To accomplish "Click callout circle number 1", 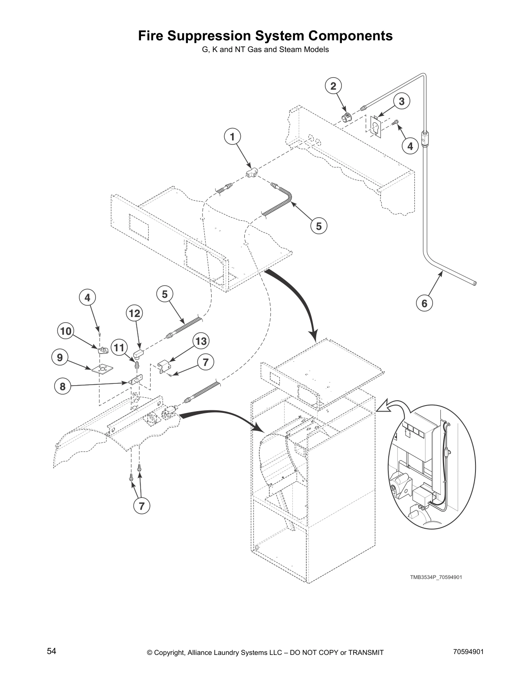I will (233, 137).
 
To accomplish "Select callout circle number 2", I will (333, 86).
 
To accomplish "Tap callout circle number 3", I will (402, 101).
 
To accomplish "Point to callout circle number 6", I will (424, 303).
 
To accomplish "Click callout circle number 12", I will (134, 313).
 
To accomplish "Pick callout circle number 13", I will (201, 341).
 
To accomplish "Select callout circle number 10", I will (66, 332).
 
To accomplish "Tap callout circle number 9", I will (60, 357).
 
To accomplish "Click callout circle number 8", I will (63, 386).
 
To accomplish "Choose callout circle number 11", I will (120, 347).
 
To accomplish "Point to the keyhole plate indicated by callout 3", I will (375, 127).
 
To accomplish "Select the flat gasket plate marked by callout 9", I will (102, 369).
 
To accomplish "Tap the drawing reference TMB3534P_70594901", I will (433, 577).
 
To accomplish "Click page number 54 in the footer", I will (52, 651).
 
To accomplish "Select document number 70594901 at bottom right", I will (468, 651).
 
